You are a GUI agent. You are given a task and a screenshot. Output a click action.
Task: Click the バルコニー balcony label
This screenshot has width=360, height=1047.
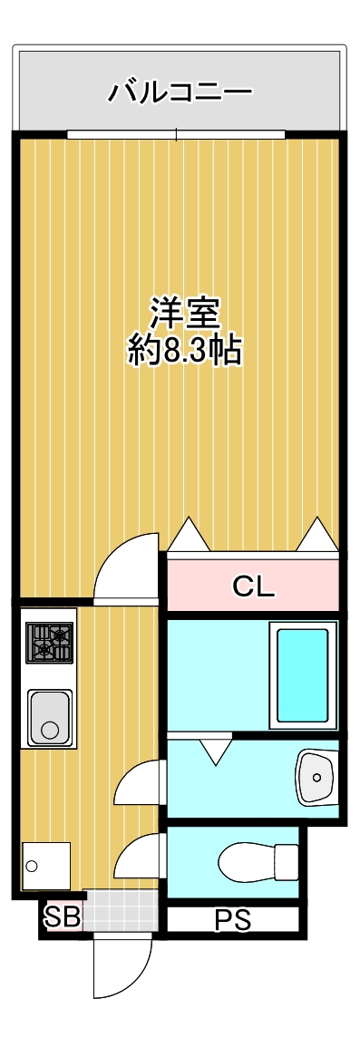(180, 92)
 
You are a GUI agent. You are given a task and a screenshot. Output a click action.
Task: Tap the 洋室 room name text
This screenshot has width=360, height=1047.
(185, 314)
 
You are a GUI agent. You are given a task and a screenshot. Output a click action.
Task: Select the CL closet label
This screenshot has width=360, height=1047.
(253, 587)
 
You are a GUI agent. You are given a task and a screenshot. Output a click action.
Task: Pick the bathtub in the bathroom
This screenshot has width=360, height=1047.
(302, 674)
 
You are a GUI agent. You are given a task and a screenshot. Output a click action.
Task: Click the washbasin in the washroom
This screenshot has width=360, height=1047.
(316, 777)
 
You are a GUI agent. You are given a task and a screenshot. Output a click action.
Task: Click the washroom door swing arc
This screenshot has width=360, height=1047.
(141, 782)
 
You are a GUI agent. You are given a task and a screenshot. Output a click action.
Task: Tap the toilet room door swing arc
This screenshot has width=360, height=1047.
(141, 857)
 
